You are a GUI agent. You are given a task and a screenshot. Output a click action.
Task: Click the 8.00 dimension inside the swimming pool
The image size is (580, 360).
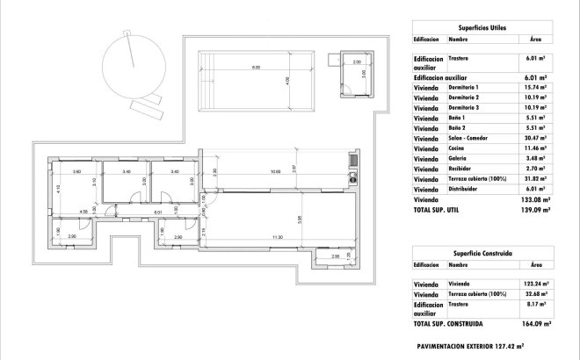pos(256,68)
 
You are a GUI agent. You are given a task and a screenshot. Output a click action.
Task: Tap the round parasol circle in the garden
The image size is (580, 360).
pos(134,63)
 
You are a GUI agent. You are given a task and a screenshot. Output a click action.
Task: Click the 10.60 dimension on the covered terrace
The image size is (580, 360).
pos(275,171)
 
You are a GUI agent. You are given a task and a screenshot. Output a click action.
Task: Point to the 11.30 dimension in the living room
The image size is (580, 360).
pos(278,237)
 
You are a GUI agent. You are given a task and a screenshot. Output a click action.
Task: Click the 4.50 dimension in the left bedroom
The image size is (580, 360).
pos(83,212)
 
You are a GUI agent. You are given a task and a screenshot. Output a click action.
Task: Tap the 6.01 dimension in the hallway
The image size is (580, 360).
pos(158,212)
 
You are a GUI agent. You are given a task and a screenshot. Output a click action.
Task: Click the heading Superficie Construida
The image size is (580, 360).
pos(481,252)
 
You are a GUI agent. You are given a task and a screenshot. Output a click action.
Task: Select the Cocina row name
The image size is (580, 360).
pos(458,148)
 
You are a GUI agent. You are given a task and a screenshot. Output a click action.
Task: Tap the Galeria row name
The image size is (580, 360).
pos(459,158)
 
